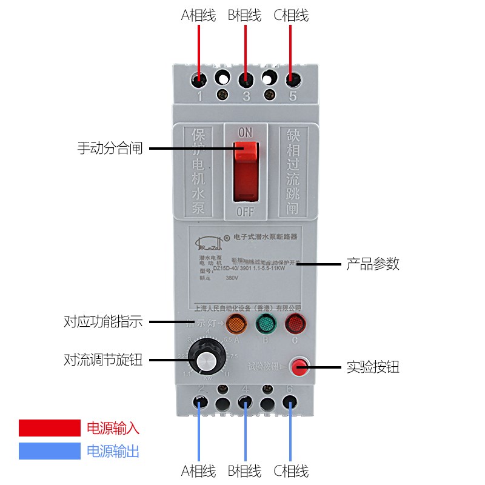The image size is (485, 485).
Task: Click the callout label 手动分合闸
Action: click(x=110, y=148)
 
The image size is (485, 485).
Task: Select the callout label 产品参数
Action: click(x=373, y=264)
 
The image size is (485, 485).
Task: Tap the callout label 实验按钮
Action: click(x=373, y=367)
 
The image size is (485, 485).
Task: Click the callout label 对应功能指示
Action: click(x=103, y=322)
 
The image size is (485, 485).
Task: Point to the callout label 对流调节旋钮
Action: click(x=103, y=360)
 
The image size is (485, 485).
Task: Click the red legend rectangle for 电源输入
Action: click(x=49, y=428)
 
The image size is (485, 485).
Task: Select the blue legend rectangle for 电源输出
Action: click(x=49, y=451)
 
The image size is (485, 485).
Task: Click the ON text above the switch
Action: click(x=245, y=132)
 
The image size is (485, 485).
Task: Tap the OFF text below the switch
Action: click(x=245, y=212)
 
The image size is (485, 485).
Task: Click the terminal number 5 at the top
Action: click(x=293, y=96)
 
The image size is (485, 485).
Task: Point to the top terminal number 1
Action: click(x=199, y=96)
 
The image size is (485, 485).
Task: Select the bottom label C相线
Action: click(x=291, y=471)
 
